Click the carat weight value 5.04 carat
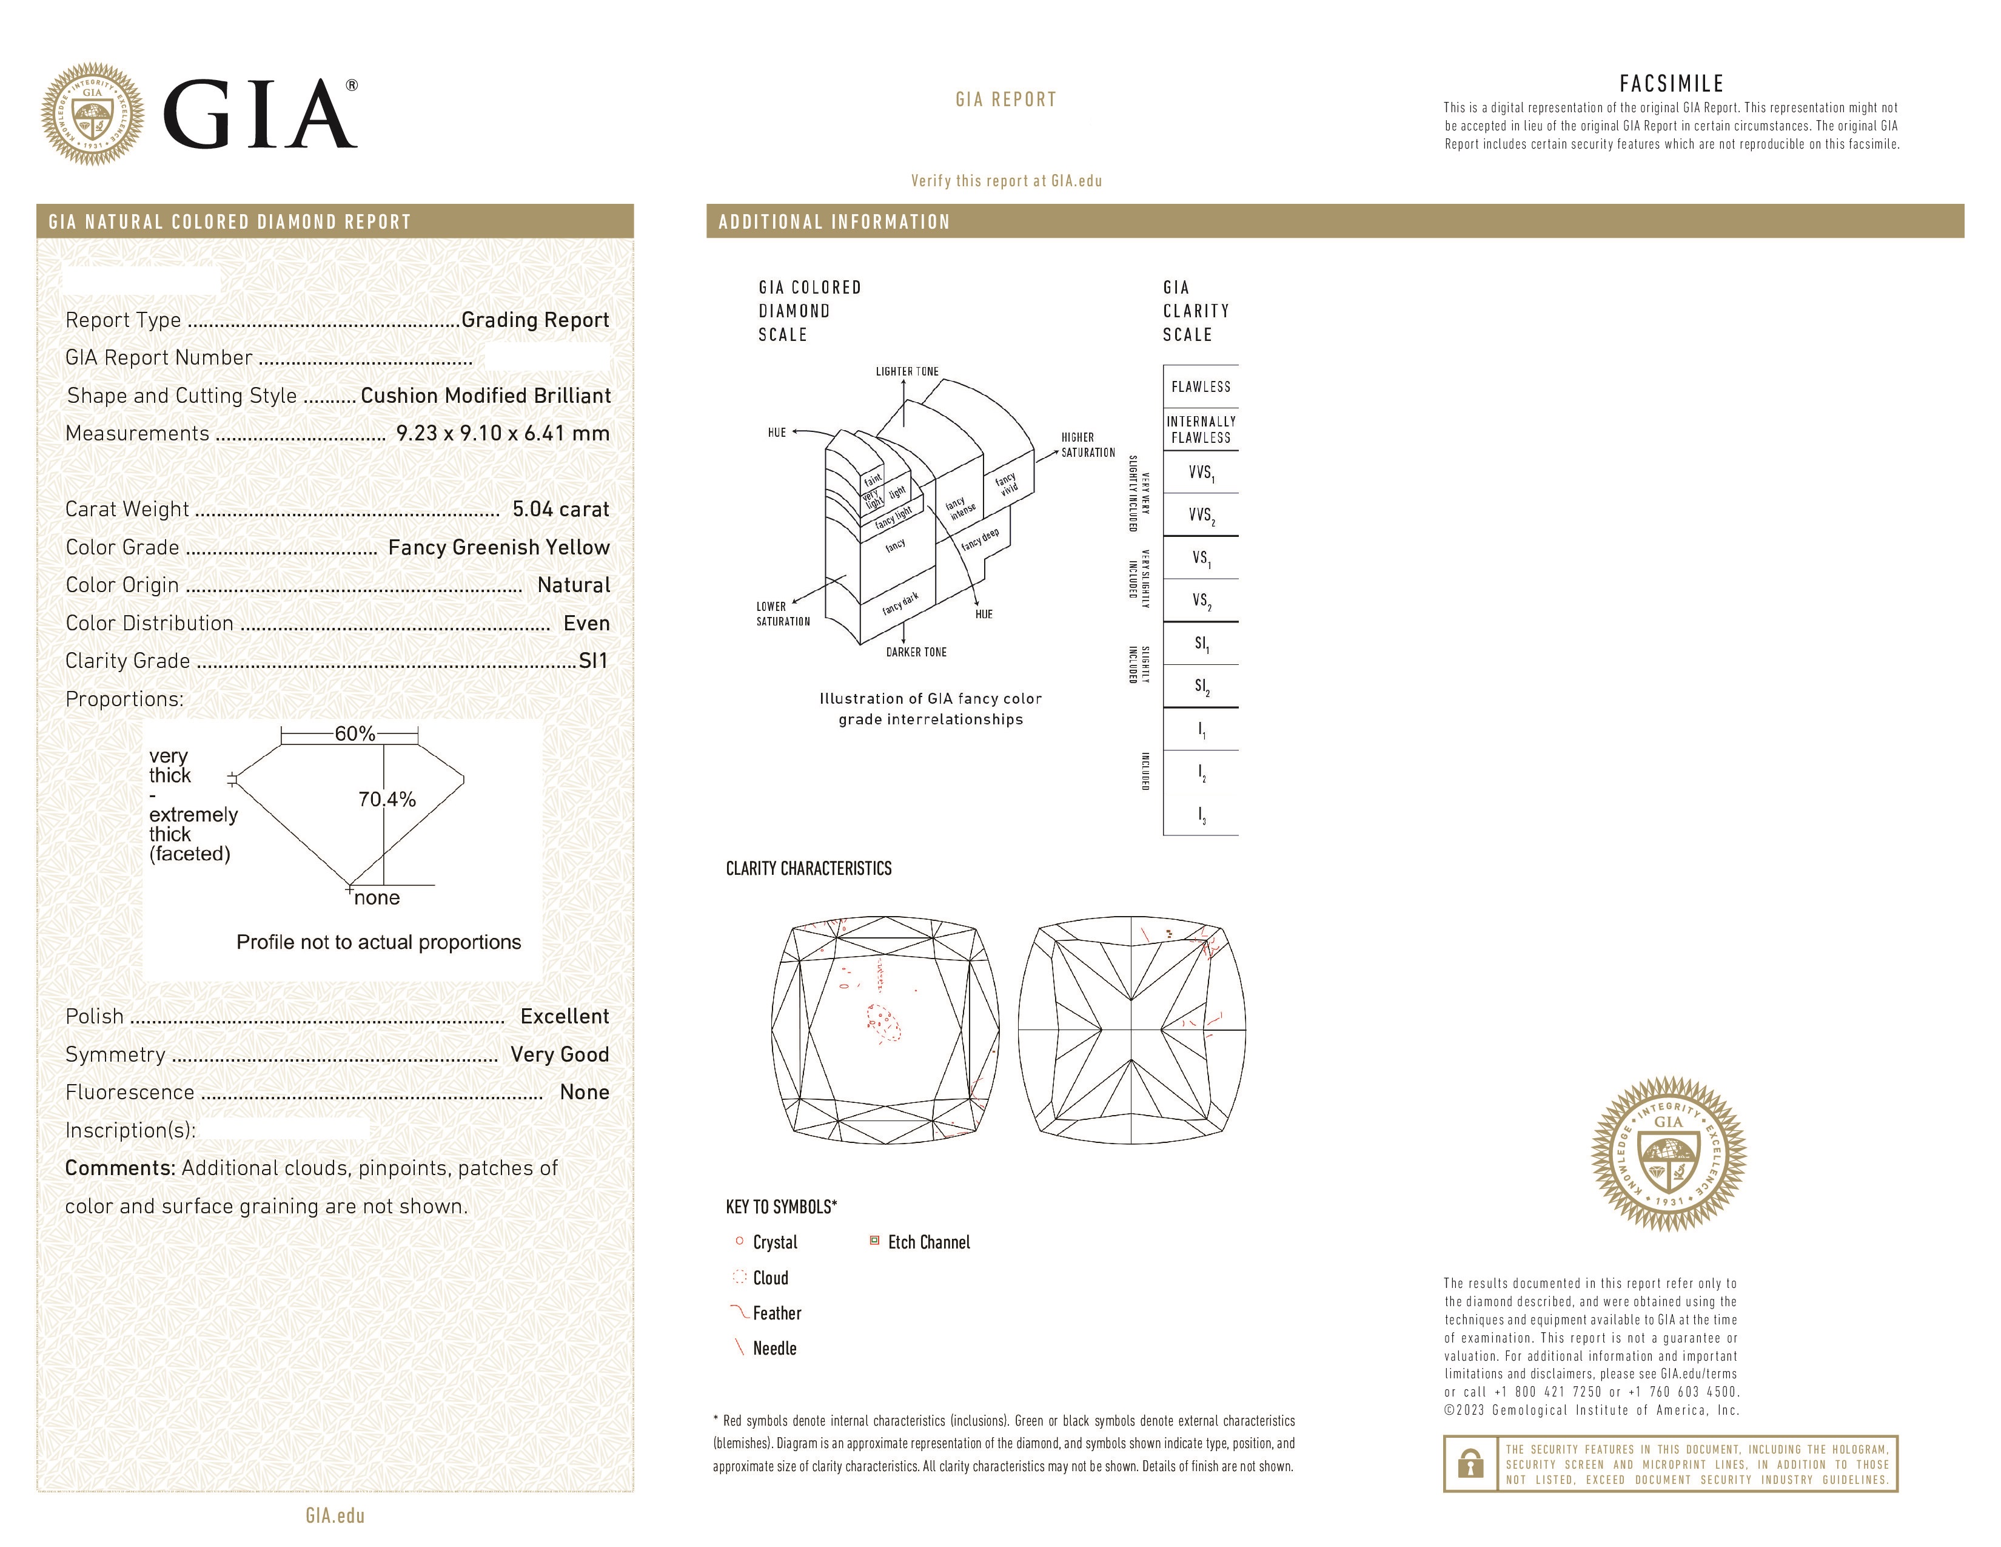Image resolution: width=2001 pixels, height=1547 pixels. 560,510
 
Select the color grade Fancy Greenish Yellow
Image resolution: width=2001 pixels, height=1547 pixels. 498,547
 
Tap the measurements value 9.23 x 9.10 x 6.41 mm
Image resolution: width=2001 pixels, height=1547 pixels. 502,434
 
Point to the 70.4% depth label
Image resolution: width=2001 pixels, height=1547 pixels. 387,799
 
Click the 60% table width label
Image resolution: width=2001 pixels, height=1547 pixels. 355,733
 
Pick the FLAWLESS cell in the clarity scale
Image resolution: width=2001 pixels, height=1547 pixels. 1200,387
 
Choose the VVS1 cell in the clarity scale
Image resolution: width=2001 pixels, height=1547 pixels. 1200,473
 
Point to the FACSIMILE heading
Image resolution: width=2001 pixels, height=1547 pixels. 1671,83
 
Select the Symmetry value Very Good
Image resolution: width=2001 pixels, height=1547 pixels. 560,1055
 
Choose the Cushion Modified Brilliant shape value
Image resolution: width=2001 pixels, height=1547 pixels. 486,396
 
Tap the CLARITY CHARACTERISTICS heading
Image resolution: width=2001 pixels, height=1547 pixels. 808,869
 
